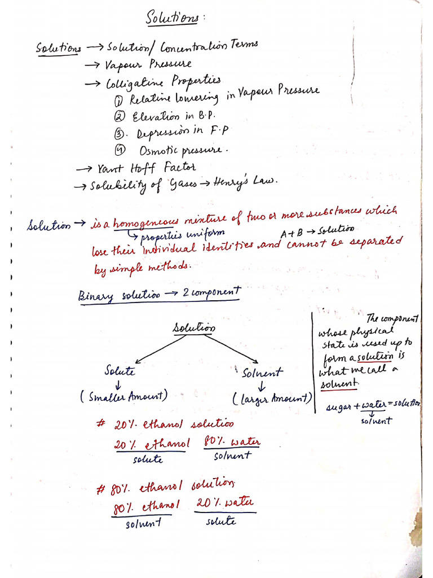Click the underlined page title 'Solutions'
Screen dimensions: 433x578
pyautogui.click(x=172, y=17)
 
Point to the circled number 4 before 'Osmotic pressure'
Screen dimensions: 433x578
pyautogui.click(x=120, y=150)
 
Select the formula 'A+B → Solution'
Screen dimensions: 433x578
pyautogui.click(x=317, y=231)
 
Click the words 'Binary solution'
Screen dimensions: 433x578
pyautogui.click(x=119, y=295)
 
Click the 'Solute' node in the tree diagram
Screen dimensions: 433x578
pyautogui.click(x=120, y=371)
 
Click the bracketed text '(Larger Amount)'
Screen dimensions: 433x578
pyautogui.click(x=272, y=399)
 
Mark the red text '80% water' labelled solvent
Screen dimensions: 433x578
pyautogui.click(x=232, y=442)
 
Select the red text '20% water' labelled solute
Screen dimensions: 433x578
pyautogui.click(x=225, y=502)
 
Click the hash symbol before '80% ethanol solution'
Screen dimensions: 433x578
pyautogui.click(x=102, y=489)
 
